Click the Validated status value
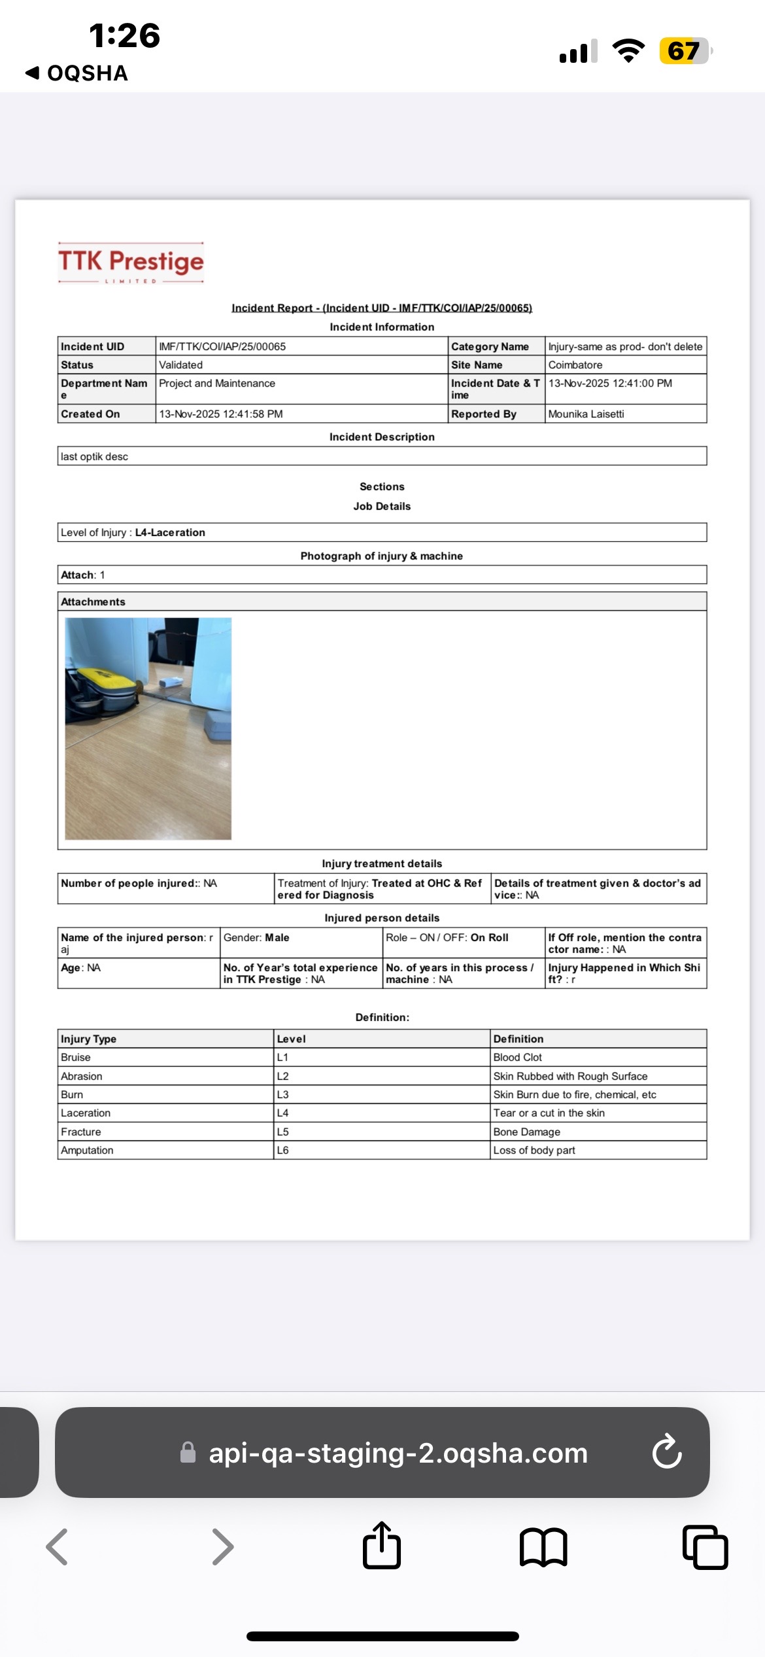pos(181,365)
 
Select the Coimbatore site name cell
pos(575,365)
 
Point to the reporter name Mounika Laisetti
pos(586,414)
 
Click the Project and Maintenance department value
pos(217,383)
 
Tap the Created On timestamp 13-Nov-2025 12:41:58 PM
pos(221,414)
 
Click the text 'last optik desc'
pos(95,457)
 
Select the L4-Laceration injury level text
pos(170,533)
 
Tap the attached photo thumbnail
pos(148,728)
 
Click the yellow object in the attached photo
pos(101,683)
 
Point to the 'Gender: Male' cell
pos(256,938)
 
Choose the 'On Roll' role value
pos(489,938)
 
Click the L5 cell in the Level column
pos(283,1132)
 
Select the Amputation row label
pos(87,1150)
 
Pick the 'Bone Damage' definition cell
pos(527,1132)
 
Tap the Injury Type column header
pos(88,1039)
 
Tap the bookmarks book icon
pos(543,1547)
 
